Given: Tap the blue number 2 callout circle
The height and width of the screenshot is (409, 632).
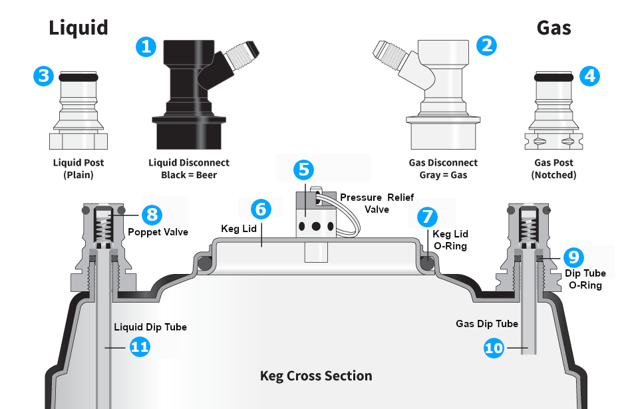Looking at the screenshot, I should [x=487, y=45].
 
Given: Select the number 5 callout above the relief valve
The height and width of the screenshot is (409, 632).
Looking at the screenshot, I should [x=304, y=169].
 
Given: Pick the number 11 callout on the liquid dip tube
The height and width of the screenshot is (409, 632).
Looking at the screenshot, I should [x=140, y=346].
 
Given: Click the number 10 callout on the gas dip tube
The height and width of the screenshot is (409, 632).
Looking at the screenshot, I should [x=494, y=347].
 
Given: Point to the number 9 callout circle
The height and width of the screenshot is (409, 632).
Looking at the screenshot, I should [x=574, y=257].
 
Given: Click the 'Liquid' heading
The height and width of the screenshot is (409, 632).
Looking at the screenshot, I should [x=78, y=27].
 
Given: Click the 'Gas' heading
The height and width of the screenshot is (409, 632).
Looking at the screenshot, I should [x=553, y=27].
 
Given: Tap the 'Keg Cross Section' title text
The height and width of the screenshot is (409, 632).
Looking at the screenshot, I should [x=316, y=376].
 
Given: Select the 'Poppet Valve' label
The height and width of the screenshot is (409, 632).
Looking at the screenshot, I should [x=158, y=232].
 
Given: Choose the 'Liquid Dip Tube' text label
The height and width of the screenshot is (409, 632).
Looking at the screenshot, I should [x=150, y=327].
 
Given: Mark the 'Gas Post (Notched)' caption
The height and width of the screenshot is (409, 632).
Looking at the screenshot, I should [x=553, y=169].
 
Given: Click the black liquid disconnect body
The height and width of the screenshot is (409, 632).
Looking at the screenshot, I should [x=187, y=100].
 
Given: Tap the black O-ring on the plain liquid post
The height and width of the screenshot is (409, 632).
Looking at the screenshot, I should [x=79, y=77].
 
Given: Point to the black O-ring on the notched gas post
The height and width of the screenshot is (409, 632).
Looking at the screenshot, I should [x=553, y=76].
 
